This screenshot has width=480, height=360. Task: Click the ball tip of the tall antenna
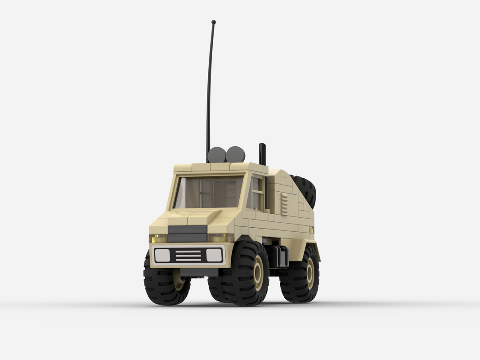213,22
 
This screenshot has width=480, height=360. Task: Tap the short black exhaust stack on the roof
262,154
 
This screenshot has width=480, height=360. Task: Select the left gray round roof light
217,154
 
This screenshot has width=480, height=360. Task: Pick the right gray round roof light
235,154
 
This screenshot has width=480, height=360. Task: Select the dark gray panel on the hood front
188,233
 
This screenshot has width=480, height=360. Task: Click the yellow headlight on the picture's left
158,238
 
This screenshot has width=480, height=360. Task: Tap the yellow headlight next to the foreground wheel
220,238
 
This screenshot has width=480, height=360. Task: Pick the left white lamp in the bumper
162,256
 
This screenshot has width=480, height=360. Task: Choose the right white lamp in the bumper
214,255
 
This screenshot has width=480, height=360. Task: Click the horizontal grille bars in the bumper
188,256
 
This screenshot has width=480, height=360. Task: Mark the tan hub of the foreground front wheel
258,274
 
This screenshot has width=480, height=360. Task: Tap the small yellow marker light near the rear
311,229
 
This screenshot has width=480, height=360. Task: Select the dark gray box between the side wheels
280,257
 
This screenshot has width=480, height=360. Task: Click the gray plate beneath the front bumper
198,272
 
